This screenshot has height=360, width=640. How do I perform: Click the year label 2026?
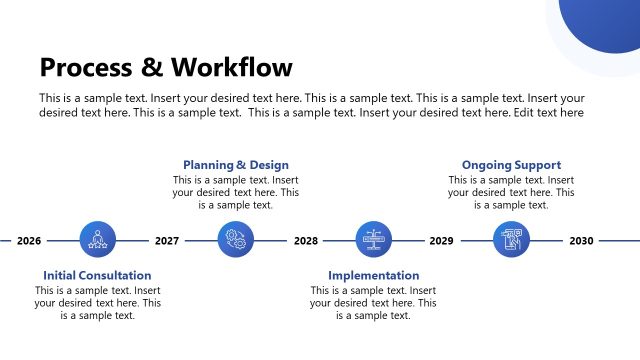pyautogui.click(x=29, y=241)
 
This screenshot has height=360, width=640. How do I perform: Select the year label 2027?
pyautogui.click(x=167, y=241)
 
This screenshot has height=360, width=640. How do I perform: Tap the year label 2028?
pyautogui.click(x=306, y=241)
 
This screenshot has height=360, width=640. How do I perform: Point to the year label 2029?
pyautogui.click(x=441, y=241)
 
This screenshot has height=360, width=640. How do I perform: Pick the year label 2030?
pyautogui.click(x=581, y=241)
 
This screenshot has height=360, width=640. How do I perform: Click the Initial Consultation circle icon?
pyautogui.click(x=98, y=240)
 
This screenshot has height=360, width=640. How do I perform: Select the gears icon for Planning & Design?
pyautogui.click(x=236, y=240)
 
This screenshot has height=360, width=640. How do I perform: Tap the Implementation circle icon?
pyautogui.click(x=374, y=240)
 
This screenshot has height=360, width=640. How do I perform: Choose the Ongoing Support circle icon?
pyautogui.click(x=512, y=240)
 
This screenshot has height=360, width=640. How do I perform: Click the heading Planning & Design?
pyautogui.click(x=235, y=165)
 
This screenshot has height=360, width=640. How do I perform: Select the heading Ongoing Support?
pyautogui.click(x=511, y=165)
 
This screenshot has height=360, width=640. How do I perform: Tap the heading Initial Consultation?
pyautogui.click(x=97, y=275)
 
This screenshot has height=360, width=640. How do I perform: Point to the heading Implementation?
pyautogui.click(x=373, y=275)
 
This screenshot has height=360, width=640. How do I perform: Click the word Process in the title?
pyautogui.click(x=84, y=67)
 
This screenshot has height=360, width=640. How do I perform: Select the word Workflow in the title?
pyautogui.click(x=231, y=67)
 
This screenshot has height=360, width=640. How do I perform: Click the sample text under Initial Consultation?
pyautogui.click(x=97, y=303)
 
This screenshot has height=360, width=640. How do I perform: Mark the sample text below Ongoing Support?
pyautogui.click(x=511, y=192)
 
